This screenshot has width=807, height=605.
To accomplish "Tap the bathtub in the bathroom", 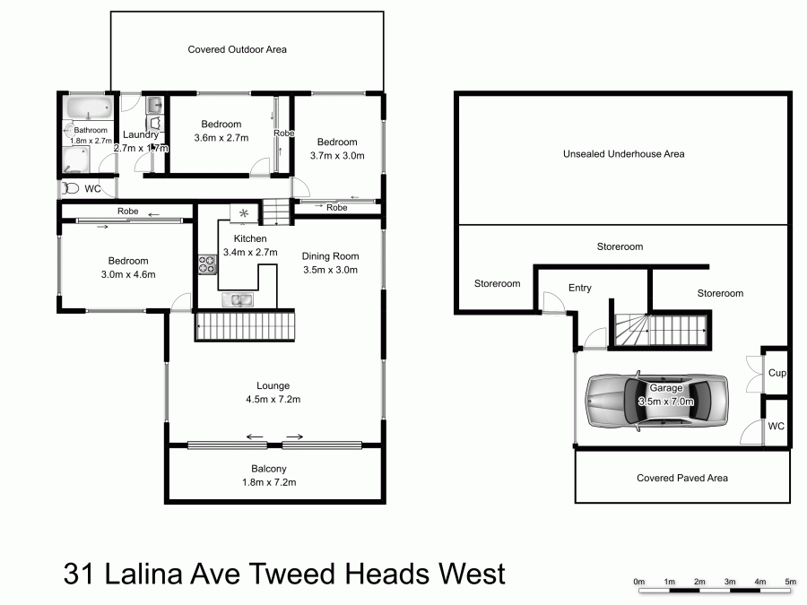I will pyautogui.click(x=87, y=109).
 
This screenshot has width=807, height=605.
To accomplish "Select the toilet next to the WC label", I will pyautogui.click(x=70, y=189).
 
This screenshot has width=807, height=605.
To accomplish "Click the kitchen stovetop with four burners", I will pyautogui.click(x=206, y=264).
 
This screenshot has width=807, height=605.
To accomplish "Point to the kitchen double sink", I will pyautogui.click(x=239, y=300).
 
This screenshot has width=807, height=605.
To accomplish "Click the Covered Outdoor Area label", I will pyautogui.click(x=237, y=49).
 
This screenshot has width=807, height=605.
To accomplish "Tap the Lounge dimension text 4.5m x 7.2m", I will pyautogui.click(x=272, y=400).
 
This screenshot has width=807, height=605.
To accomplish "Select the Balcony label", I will pyautogui.click(x=269, y=469).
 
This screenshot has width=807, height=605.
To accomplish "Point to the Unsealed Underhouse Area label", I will pyautogui.click(x=623, y=154).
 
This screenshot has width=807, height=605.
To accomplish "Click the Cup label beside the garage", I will pyautogui.click(x=776, y=373).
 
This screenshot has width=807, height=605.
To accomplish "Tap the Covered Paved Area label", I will pyautogui.click(x=681, y=478).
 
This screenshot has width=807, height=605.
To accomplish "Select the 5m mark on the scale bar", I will pyautogui.click(x=790, y=582).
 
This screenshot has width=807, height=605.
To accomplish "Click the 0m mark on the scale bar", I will pyautogui.click(x=639, y=582).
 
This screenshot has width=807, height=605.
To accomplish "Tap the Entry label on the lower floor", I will pyautogui.click(x=580, y=288).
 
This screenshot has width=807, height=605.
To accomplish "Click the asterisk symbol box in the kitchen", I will pyautogui.click(x=244, y=213).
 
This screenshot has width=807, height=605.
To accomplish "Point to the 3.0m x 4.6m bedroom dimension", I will pyautogui.click(x=126, y=274).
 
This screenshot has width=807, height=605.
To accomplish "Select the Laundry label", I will pyautogui.click(x=140, y=134).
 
